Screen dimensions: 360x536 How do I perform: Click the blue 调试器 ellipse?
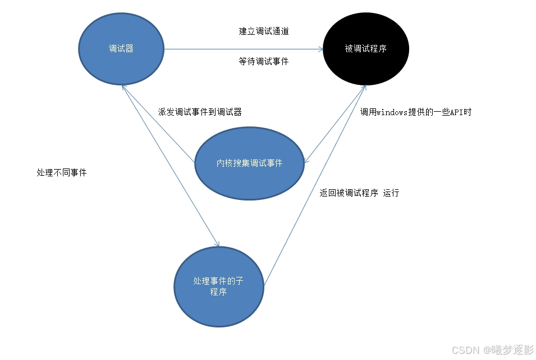[121, 49]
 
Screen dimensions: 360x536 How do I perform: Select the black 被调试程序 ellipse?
[366, 49]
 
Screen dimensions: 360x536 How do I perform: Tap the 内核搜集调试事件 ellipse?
[249, 163]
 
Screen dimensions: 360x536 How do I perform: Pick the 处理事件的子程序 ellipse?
[218, 286]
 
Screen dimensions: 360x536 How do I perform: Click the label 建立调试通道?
[264, 31]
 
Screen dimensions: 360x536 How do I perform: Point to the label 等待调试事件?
[264, 62]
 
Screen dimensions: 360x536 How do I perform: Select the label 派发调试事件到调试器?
[200, 112]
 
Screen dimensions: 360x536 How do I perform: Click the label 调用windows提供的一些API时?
[415, 112]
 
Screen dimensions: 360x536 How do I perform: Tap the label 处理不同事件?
[62, 173]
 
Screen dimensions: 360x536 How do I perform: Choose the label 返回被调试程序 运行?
[359, 193]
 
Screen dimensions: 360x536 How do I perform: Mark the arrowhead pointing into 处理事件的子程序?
[217, 243]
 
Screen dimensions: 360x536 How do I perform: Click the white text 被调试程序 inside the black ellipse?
[366, 49]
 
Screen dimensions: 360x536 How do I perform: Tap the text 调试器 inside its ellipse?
[121, 49]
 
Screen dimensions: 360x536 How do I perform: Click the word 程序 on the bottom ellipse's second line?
[218, 293]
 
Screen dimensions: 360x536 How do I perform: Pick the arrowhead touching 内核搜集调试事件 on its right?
[307, 161]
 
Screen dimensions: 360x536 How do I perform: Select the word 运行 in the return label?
[391, 193]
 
